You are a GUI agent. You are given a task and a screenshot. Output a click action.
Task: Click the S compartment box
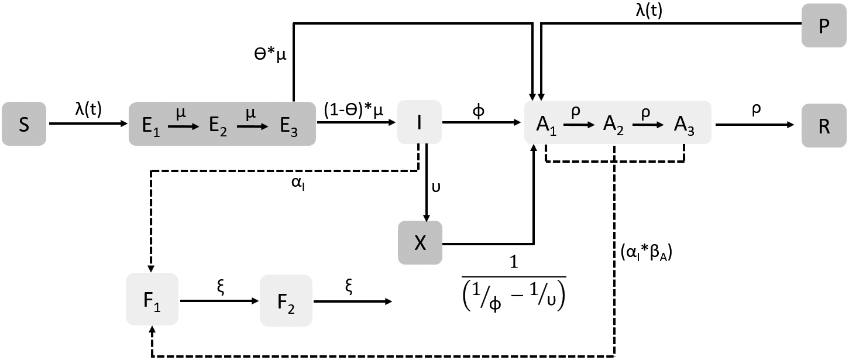coord(24,124)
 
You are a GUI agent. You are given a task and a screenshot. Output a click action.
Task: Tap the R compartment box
coord(824,124)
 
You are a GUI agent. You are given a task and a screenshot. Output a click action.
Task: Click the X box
coord(420,242)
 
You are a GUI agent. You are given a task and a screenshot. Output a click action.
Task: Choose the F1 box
coord(152,299)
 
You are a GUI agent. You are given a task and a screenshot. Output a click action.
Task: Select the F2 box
coord(286,299)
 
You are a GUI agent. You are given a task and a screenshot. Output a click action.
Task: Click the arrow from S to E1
coord(88,124)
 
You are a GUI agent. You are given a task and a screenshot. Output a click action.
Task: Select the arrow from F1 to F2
coord(219,301)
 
